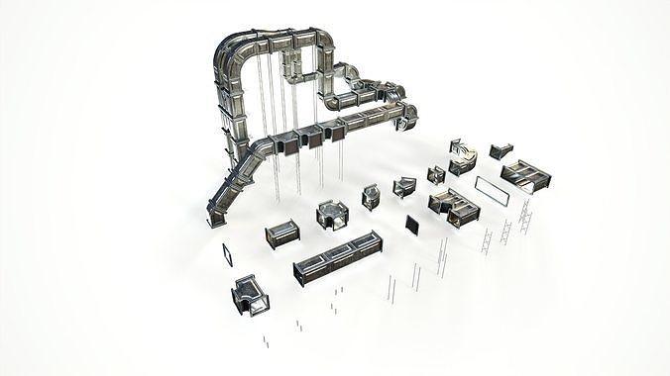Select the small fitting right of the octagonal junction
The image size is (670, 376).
(372, 196)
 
